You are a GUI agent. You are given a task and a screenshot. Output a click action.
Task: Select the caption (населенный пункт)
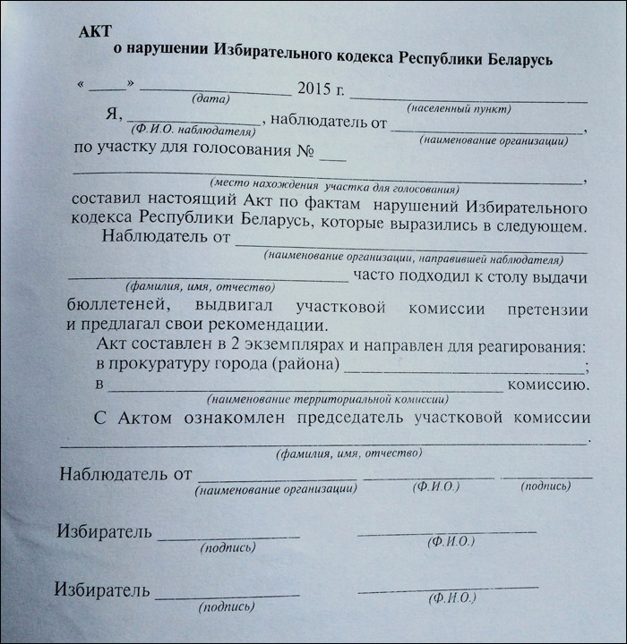[x=459, y=108]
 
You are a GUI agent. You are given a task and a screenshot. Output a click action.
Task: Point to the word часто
[x=376, y=276]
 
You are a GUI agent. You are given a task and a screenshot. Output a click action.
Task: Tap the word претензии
[x=550, y=309]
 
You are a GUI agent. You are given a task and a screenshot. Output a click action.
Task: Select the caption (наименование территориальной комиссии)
[x=327, y=399]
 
